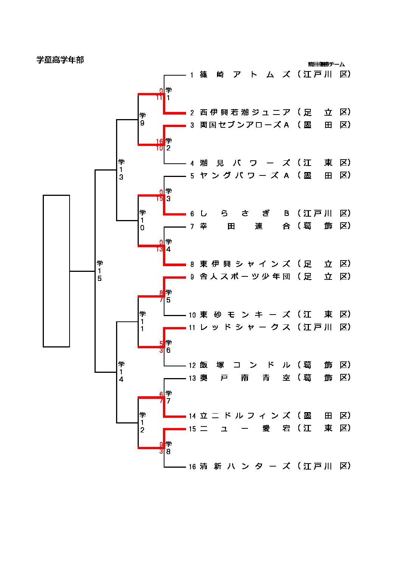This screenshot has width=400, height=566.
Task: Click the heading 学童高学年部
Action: pyautogui.click(x=60, y=60)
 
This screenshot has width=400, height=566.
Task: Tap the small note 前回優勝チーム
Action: pyautogui.click(x=326, y=64)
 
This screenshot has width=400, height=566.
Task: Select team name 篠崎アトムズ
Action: pyautogui.click(x=245, y=74)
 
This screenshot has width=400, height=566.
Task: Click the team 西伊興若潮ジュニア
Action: pyautogui.click(x=245, y=112)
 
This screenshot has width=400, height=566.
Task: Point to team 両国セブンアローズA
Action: pyautogui.click(x=245, y=125)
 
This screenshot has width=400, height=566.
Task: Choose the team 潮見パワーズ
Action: pyautogui.click(x=245, y=163)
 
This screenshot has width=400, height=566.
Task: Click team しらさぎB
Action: pyautogui.click(x=245, y=214)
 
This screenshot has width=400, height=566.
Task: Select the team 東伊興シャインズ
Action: pyautogui.click(x=245, y=264)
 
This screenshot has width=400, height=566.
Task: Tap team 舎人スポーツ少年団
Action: pyautogui.click(x=245, y=277)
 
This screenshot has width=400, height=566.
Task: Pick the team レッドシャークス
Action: pyautogui.click(x=245, y=327)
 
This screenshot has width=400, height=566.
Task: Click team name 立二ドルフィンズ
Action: pyautogui.click(x=245, y=416)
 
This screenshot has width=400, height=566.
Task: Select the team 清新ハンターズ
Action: pyautogui.click(x=245, y=466)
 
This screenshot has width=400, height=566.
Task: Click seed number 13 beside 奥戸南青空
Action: pyautogui.click(x=192, y=378)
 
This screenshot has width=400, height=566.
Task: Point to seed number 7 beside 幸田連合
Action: pyautogui.click(x=192, y=226)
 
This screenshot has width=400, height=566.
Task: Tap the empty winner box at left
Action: pyautogui.click(x=56, y=271)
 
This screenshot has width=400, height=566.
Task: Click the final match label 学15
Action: pyautogui.click(x=100, y=271)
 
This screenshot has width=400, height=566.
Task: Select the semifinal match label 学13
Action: pyautogui.click(x=121, y=170)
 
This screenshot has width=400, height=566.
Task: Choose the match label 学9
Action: pyautogui.click(x=143, y=119)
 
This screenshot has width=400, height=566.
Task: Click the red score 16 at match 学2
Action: pyautogui.click(x=160, y=141)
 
